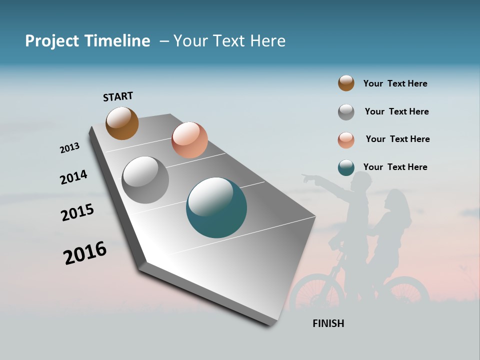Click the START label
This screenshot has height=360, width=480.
point(118,96)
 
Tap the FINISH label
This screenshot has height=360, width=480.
point(328,323)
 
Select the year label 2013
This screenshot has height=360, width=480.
point(69,148)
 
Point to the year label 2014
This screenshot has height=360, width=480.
point(73,177)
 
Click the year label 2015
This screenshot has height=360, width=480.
point(77,212)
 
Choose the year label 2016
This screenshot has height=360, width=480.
point(85,253)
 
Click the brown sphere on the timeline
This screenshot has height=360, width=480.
point(122,123)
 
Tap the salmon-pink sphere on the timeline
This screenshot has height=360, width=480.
point(189,140)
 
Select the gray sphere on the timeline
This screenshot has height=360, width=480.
point(145,180)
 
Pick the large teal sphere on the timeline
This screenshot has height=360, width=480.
point(216,207)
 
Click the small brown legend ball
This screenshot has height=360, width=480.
point(346,83)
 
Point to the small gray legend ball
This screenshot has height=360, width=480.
point(346,112)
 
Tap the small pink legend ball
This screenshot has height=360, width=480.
point(346,140)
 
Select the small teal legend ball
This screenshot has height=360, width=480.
point(346,167)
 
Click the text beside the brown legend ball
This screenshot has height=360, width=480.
point(395,83)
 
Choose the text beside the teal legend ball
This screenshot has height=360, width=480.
point(395,167)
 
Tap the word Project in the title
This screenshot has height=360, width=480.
point(52,41)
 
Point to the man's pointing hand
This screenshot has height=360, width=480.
point(306,177)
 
